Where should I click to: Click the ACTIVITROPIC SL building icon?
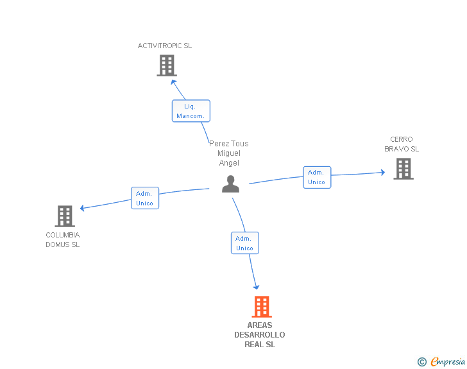(167, 65)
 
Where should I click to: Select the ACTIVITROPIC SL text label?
(165, 46)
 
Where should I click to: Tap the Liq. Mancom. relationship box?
(191, 111)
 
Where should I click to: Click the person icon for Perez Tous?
(230, 184)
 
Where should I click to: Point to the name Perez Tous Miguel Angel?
(229, 153)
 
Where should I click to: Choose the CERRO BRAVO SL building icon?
(403, 169)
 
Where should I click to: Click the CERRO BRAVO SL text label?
(402, 144)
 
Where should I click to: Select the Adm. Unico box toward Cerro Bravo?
(317, 177)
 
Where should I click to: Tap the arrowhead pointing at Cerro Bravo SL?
(383, 172)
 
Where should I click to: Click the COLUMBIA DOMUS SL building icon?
(65, 216)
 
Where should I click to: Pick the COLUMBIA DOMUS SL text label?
(63, 239)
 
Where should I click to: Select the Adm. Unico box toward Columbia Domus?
(145, 198)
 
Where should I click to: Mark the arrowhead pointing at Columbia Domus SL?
(82, 208)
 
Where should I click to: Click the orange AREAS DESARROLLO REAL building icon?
(262, 307)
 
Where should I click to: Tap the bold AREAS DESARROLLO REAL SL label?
(260, 335)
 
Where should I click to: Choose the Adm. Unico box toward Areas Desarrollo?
(245, 243)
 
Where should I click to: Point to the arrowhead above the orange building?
(256, 287)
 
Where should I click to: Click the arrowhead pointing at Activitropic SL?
(173, 82)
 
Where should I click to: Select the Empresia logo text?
(448, 362)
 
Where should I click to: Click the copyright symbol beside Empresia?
(422, 362)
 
